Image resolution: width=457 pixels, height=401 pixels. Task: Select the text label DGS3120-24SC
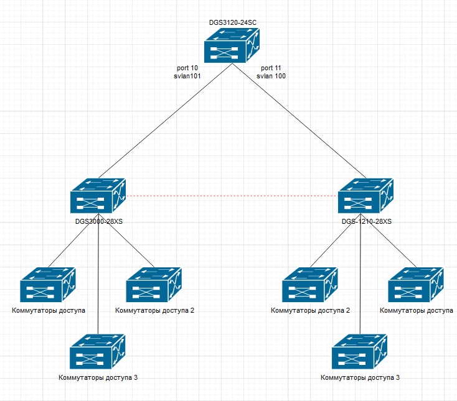233,22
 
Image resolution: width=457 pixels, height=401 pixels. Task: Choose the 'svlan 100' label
271,76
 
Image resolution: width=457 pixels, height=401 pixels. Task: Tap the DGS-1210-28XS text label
367,221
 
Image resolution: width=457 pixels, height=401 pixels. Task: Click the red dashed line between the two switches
232,196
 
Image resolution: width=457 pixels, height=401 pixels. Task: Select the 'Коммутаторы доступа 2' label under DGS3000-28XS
154,310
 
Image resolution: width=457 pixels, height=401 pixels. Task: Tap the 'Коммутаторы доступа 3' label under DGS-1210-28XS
360,377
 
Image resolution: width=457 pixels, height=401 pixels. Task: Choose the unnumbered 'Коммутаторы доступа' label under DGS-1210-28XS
416,310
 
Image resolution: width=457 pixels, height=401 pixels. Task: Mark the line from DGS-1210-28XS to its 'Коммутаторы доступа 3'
361,280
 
